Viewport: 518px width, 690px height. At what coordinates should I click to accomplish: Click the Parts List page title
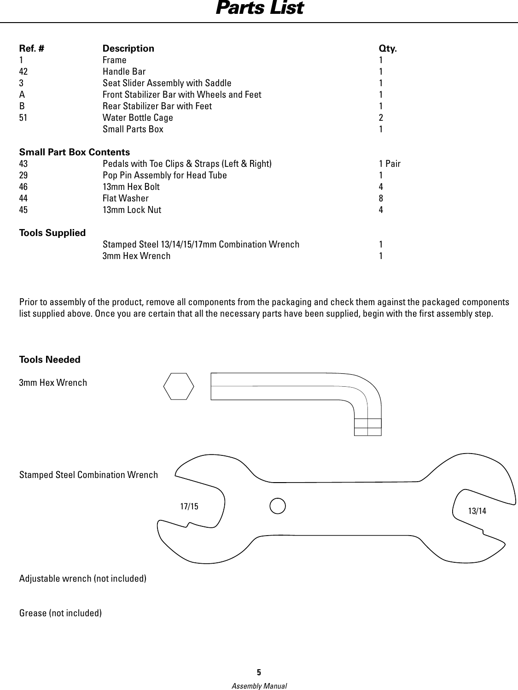[259, 8]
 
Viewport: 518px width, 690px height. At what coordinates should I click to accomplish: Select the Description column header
[128, 48]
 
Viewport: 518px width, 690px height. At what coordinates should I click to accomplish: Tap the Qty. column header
[388, 48]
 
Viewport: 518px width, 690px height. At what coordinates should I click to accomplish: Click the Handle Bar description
[124, 71]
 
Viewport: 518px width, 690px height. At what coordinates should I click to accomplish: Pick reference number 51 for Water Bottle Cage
[23, 118]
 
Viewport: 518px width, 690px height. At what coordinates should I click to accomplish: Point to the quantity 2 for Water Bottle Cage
[381, 118]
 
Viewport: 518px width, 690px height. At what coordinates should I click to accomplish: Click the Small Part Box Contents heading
[75, 152]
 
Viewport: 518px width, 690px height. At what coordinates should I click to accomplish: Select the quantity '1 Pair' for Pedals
[390, 164]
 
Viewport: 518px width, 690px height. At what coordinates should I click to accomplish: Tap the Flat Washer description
[125, 198]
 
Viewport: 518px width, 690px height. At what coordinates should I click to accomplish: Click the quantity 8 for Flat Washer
[381, 198]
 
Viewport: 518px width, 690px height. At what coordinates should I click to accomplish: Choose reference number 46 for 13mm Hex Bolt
[23, 187]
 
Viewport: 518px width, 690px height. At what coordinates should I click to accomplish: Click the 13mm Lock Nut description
[132, 210]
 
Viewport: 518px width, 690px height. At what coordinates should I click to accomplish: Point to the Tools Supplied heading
[52, 233]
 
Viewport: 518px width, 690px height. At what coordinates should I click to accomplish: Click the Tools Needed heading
[50, 360]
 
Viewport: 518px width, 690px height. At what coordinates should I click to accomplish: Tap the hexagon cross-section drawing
[179, 386]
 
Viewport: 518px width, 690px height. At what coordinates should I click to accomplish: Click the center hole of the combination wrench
[278, 505]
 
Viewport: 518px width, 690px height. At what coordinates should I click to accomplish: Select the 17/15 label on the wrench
[189, 507]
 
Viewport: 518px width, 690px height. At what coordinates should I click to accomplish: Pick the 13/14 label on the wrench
[477, 511]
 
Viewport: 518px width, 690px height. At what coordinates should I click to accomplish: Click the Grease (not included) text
[60, 613]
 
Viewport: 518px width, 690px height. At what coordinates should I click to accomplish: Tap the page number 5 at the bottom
[259, 671]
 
